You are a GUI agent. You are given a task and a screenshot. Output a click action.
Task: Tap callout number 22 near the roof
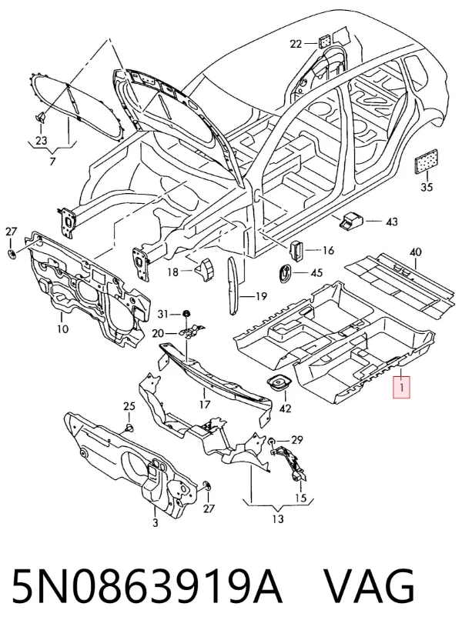tap(296, 44)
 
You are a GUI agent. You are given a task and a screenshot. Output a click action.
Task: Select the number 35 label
tap(427, 187)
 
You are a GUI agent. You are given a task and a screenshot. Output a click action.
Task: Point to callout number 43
tap(391, 222)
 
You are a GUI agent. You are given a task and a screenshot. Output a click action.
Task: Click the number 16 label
tap(328, 250)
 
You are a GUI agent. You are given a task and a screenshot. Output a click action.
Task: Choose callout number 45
tap(316, 272)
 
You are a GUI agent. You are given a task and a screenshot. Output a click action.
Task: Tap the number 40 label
tap(415, 252)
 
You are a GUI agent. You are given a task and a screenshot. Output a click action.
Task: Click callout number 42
tap(285, 408)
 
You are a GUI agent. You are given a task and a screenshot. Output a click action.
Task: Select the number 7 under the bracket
tap(52, 162)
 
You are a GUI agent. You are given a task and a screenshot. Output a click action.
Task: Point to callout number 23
tap(41, 141)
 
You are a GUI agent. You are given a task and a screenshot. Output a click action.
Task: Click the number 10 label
tap(62, 328)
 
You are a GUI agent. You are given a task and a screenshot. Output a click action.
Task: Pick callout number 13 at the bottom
tap(277, 519)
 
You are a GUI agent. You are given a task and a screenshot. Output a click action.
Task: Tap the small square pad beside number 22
tap(324, 41)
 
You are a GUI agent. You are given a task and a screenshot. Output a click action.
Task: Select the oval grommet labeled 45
tap(285, 272)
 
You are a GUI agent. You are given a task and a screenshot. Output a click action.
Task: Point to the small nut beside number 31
tap(186, 314)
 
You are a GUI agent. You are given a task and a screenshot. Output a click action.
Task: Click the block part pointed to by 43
tap(350, 220)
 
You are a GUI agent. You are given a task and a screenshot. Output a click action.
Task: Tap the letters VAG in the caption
tap(370, 585)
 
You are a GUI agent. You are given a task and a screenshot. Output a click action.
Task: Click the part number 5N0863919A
tap(147, 585)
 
